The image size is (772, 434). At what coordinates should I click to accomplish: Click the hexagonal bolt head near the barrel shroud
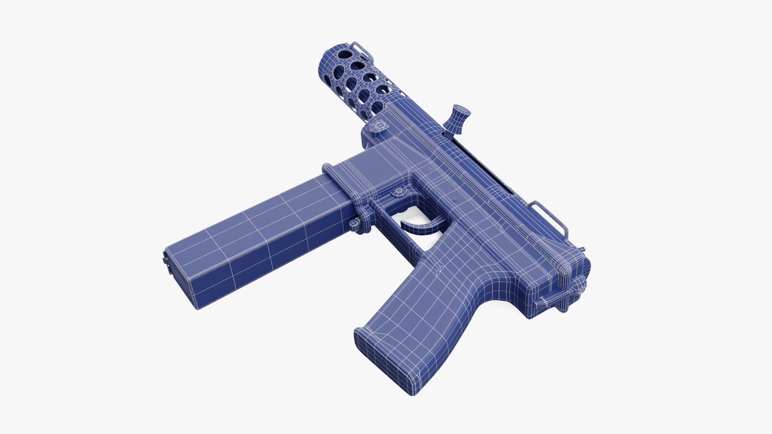click(x=379, y=126)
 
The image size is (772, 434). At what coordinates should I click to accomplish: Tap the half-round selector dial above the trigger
click(x=399, y=192)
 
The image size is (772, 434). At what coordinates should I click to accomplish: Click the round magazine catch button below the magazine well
click(x=354, y=225)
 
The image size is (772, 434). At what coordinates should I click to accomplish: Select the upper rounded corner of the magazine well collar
click(x=326, y=167)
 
